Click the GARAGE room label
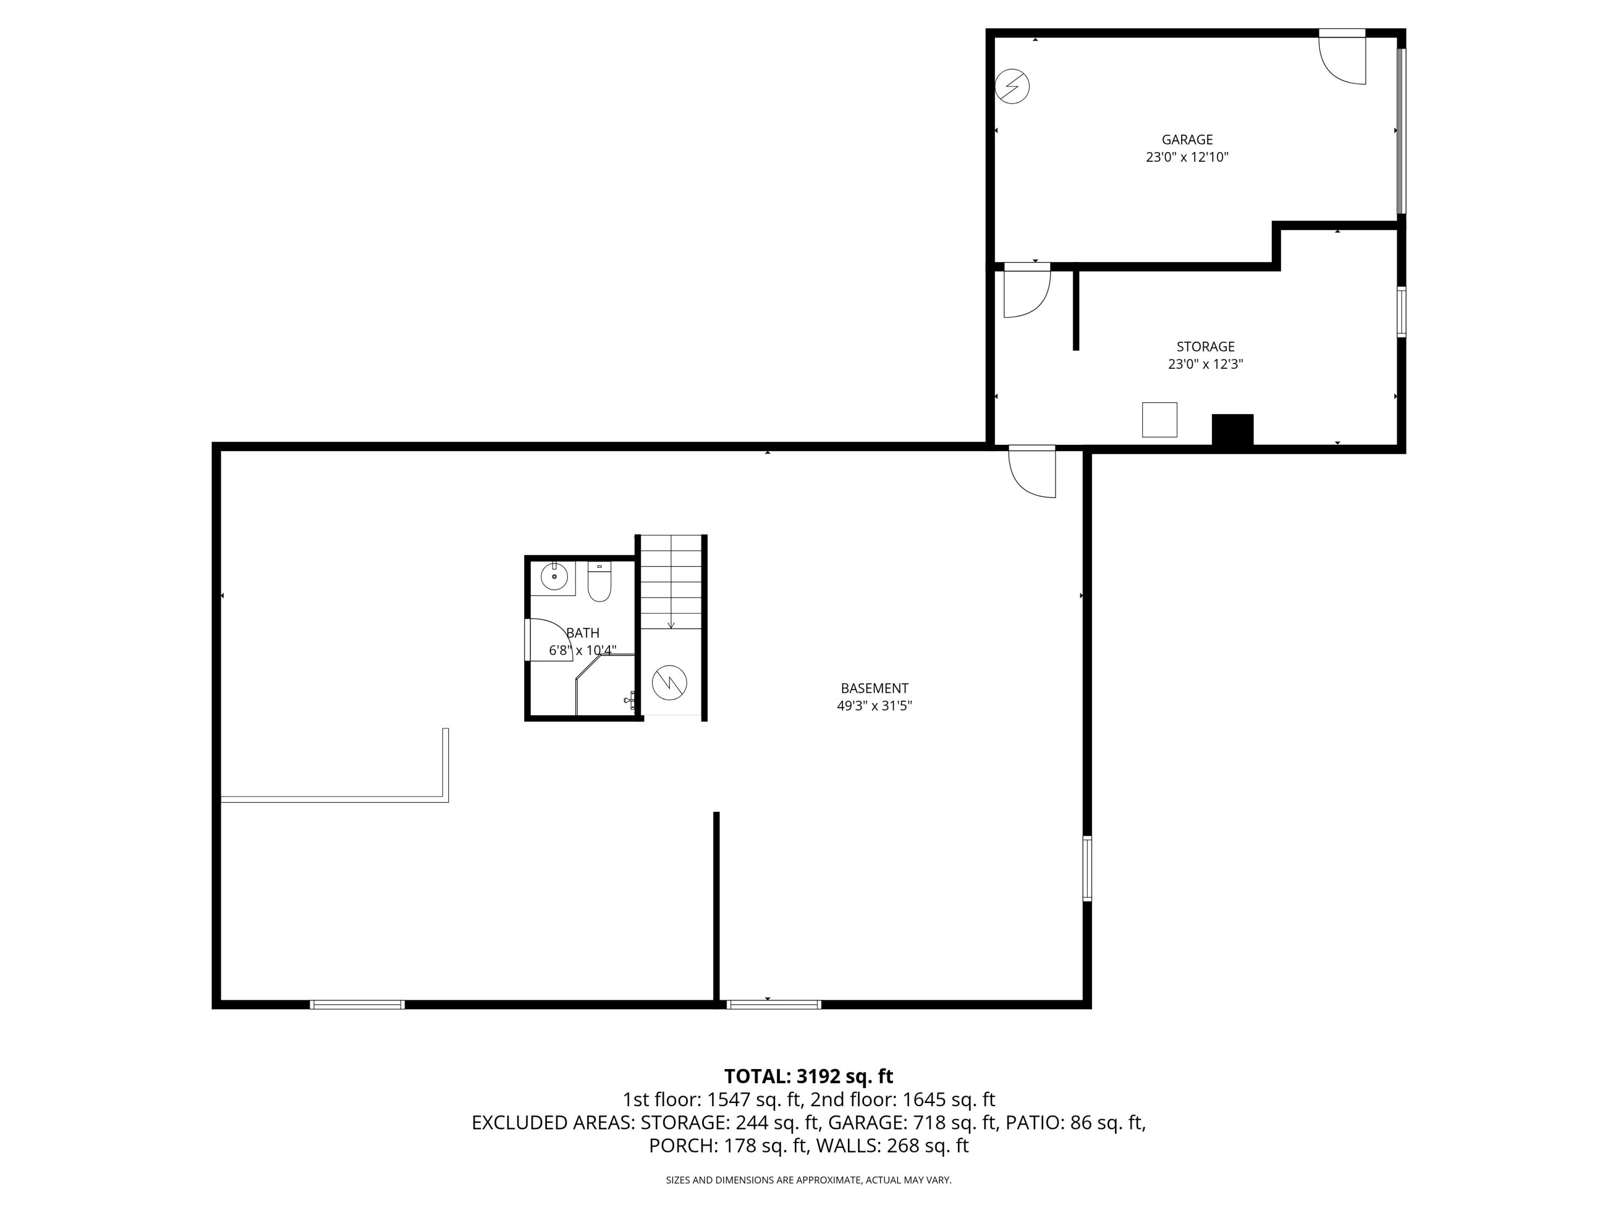[x=1187, y=140]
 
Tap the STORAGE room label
[x=1205, y=347]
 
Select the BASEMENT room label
[x=874, y=688]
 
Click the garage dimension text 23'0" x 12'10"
[x=1187, y=157]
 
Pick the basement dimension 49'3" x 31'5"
[x=874, y=706]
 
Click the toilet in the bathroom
[x=599, y=582]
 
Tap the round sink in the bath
[x=554, y=577]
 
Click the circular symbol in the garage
[x=1012, y=87]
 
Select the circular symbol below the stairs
[x=669, y=682]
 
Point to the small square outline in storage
[x=1160, y=419]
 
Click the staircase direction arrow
[x=671, y=623]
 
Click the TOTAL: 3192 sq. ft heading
[x=808, y=1076]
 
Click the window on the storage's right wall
[x=1401, y=312]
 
